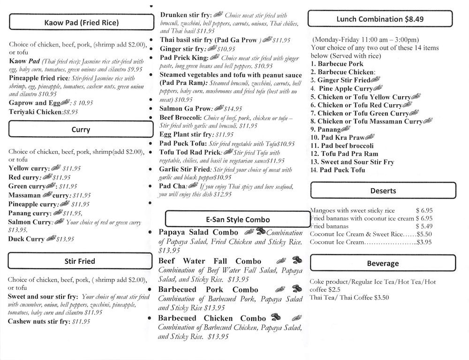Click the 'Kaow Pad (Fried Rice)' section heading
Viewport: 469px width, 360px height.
click(x=81, y=23)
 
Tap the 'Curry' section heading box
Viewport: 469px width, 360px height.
click(x=81, y=130)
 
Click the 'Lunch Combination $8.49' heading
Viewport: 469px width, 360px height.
click(x=380, y=19)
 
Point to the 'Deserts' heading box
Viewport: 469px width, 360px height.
click(x=383, y=191)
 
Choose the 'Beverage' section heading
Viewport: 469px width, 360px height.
click(x=383, y=264)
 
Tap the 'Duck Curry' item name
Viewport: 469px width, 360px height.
click(x=26, y=239)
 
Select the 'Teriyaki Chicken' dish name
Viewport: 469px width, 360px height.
click(x=35, y=112)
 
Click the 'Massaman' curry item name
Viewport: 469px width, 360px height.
click(x=24, y=195)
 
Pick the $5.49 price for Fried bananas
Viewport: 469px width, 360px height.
click(x=424, y=226)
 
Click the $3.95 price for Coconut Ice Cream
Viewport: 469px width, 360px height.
click(x=424, y=243)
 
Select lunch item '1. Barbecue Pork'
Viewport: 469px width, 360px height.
click(x=337, y=64)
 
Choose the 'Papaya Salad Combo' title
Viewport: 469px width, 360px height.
click(x=198, y=232)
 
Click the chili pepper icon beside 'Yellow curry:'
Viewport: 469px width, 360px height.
click(x=56, y=168)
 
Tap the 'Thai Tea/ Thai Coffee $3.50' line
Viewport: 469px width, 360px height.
click(x=349, y=298)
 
